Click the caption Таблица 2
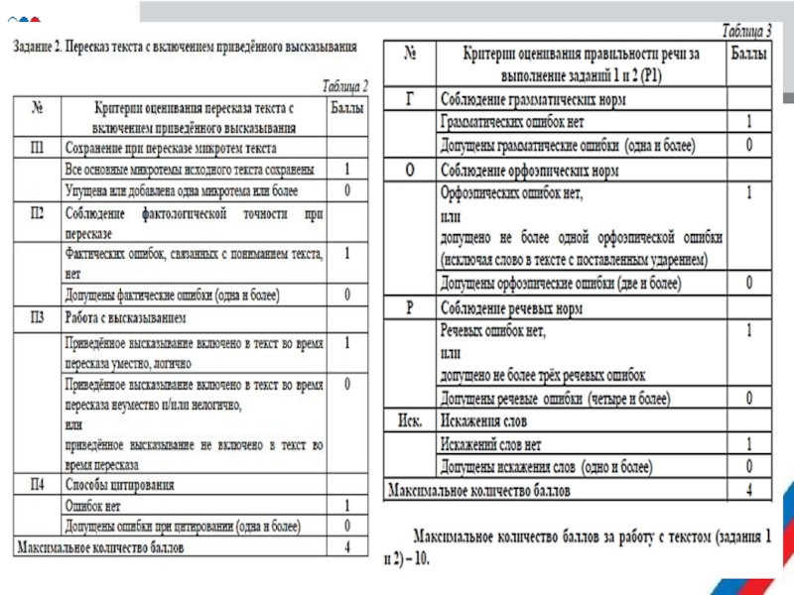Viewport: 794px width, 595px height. click(x=343, y=86)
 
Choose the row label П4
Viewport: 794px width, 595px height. click(x=36, y=485)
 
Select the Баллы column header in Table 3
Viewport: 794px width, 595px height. click(x=748, y=59)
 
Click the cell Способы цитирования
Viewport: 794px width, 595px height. click(x=119, y=485)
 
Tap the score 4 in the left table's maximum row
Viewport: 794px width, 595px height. click(x=347, y=546)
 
